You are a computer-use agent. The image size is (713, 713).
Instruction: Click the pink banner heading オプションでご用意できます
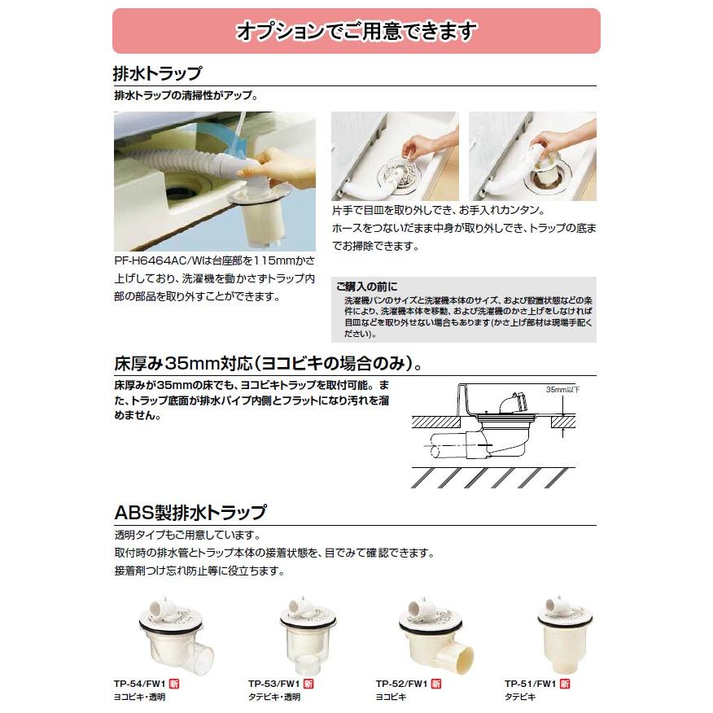(356, 32)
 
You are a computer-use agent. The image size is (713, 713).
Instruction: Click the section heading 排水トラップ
(157, 74)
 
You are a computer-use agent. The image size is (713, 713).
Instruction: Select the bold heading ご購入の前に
(366, 287)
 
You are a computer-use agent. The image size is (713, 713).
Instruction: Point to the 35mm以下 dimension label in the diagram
(561, 390)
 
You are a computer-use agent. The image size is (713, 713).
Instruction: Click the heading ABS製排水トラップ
(189, 513)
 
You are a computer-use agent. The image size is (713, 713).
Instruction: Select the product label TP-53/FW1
(273, 684)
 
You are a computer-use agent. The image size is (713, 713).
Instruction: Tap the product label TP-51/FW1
(530, 684)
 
